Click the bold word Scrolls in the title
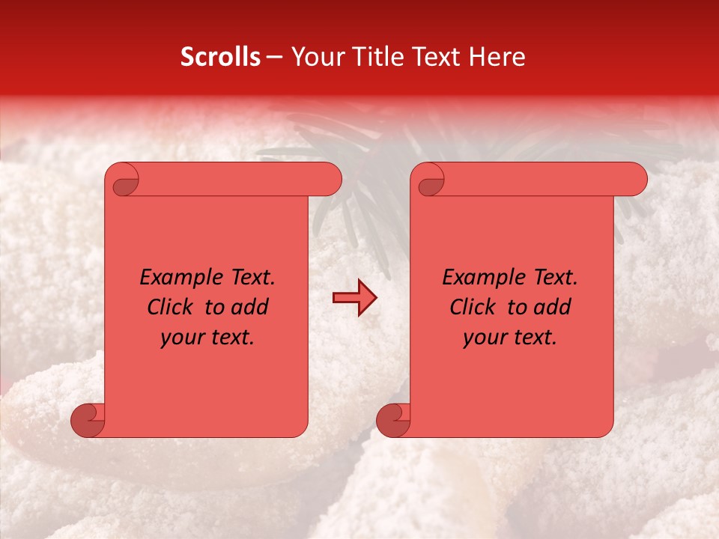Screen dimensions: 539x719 tap(220, 57)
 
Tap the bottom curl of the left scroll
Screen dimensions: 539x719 tap(88, 420)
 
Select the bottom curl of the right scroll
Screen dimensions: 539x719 tap(393, 420)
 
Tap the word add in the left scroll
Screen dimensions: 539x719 tap(249, 307)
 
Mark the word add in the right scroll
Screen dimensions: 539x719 tap(552, 307)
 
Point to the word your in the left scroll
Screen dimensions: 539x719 tap(180, 338)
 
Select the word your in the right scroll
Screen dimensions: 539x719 tap(482, 338)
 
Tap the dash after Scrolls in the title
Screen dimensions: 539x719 tap(274, 57)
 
